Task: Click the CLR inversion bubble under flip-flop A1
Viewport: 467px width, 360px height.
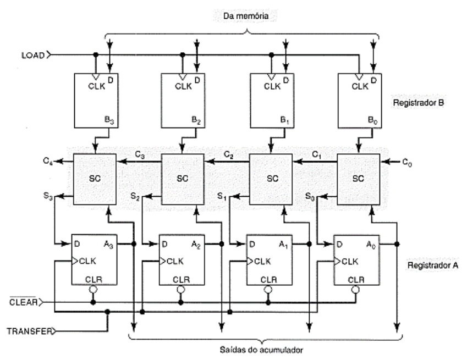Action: (x=268, y=289)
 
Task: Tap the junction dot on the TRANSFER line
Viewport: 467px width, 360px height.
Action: (x=107, y=312)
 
